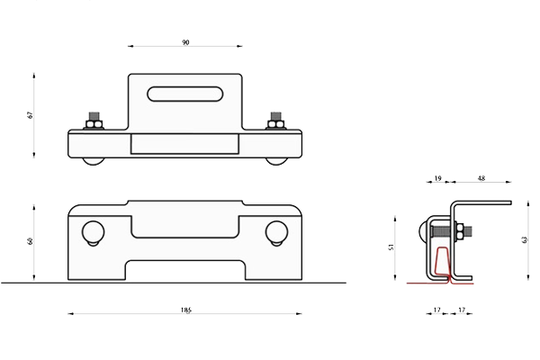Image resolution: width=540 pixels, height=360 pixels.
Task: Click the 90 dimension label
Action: point(185,42)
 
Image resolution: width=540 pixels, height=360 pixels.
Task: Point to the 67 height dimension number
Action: point(31,115)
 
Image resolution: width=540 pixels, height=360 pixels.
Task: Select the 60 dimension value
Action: point(31,241)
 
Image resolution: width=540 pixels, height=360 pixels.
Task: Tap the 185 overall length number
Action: point(186,310)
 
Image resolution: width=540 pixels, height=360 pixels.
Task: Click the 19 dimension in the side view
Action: point(437,178)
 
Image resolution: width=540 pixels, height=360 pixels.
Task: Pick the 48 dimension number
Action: point(481,178)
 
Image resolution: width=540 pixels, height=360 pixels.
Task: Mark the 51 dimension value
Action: point(391,247)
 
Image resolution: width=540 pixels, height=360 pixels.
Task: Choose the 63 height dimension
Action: point(525,239)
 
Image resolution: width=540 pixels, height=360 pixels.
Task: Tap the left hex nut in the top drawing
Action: point(94,124)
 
